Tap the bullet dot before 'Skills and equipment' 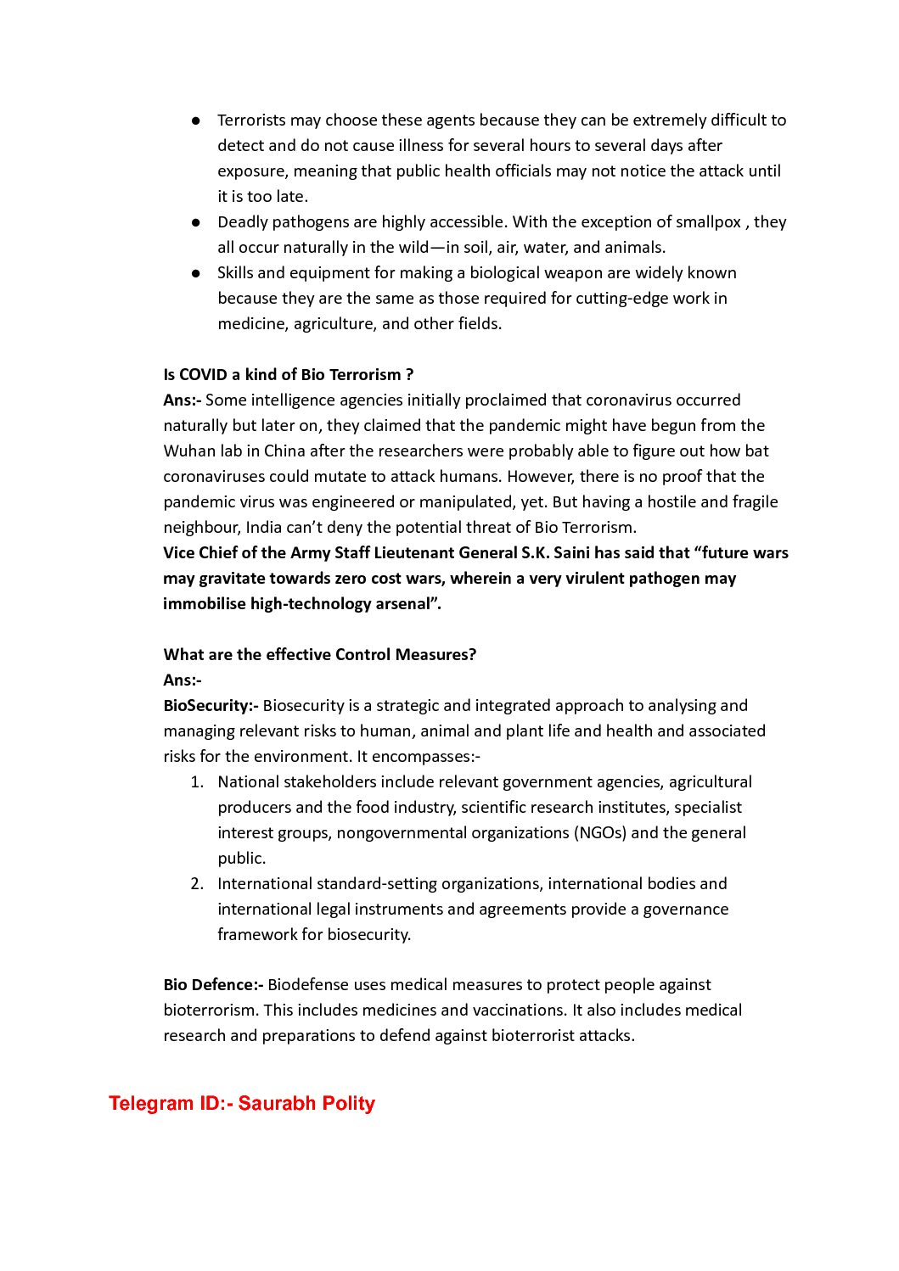[196, 273]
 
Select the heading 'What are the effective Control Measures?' [320, 654]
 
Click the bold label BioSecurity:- [211, 705]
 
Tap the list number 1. [196, 781]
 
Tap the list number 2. [196, 883]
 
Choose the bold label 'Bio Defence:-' [213, 984]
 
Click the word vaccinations [520, 1010]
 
